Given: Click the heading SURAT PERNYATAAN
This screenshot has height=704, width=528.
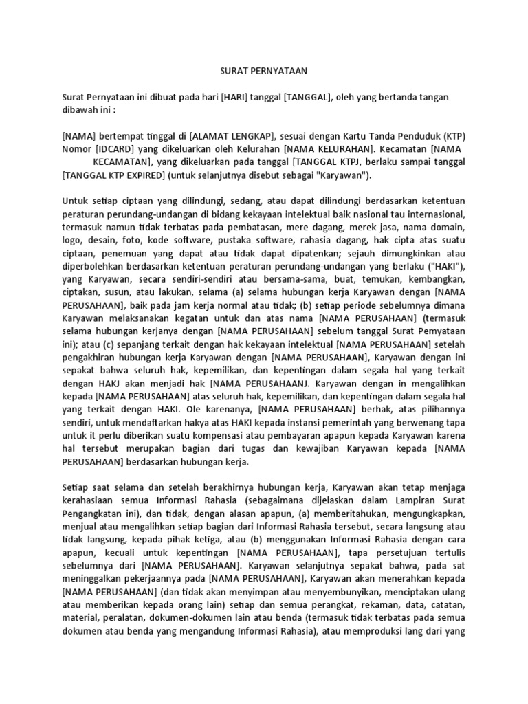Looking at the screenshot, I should (x=263, y=70).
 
